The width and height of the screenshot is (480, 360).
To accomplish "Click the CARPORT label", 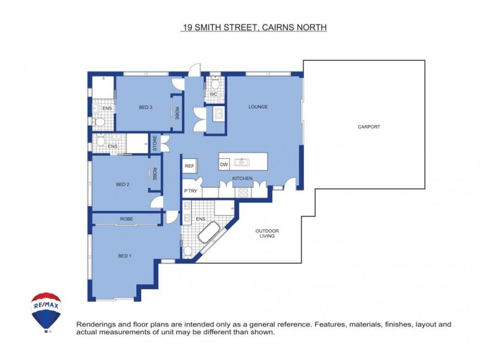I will point(369,127).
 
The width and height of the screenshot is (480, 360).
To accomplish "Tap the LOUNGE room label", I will point(258,107).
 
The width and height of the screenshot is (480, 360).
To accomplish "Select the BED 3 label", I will point(145,107).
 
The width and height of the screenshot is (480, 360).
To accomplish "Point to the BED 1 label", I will point(124,256).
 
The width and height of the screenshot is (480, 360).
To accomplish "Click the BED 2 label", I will point(122,184).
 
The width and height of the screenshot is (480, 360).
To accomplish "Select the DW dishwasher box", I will point(224,164).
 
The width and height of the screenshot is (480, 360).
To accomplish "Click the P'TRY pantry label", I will point(190,191).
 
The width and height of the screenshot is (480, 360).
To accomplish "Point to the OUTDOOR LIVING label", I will point(267,233).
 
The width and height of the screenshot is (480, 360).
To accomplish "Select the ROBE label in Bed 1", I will point(126,219).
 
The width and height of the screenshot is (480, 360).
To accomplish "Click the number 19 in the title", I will point(188,28).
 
